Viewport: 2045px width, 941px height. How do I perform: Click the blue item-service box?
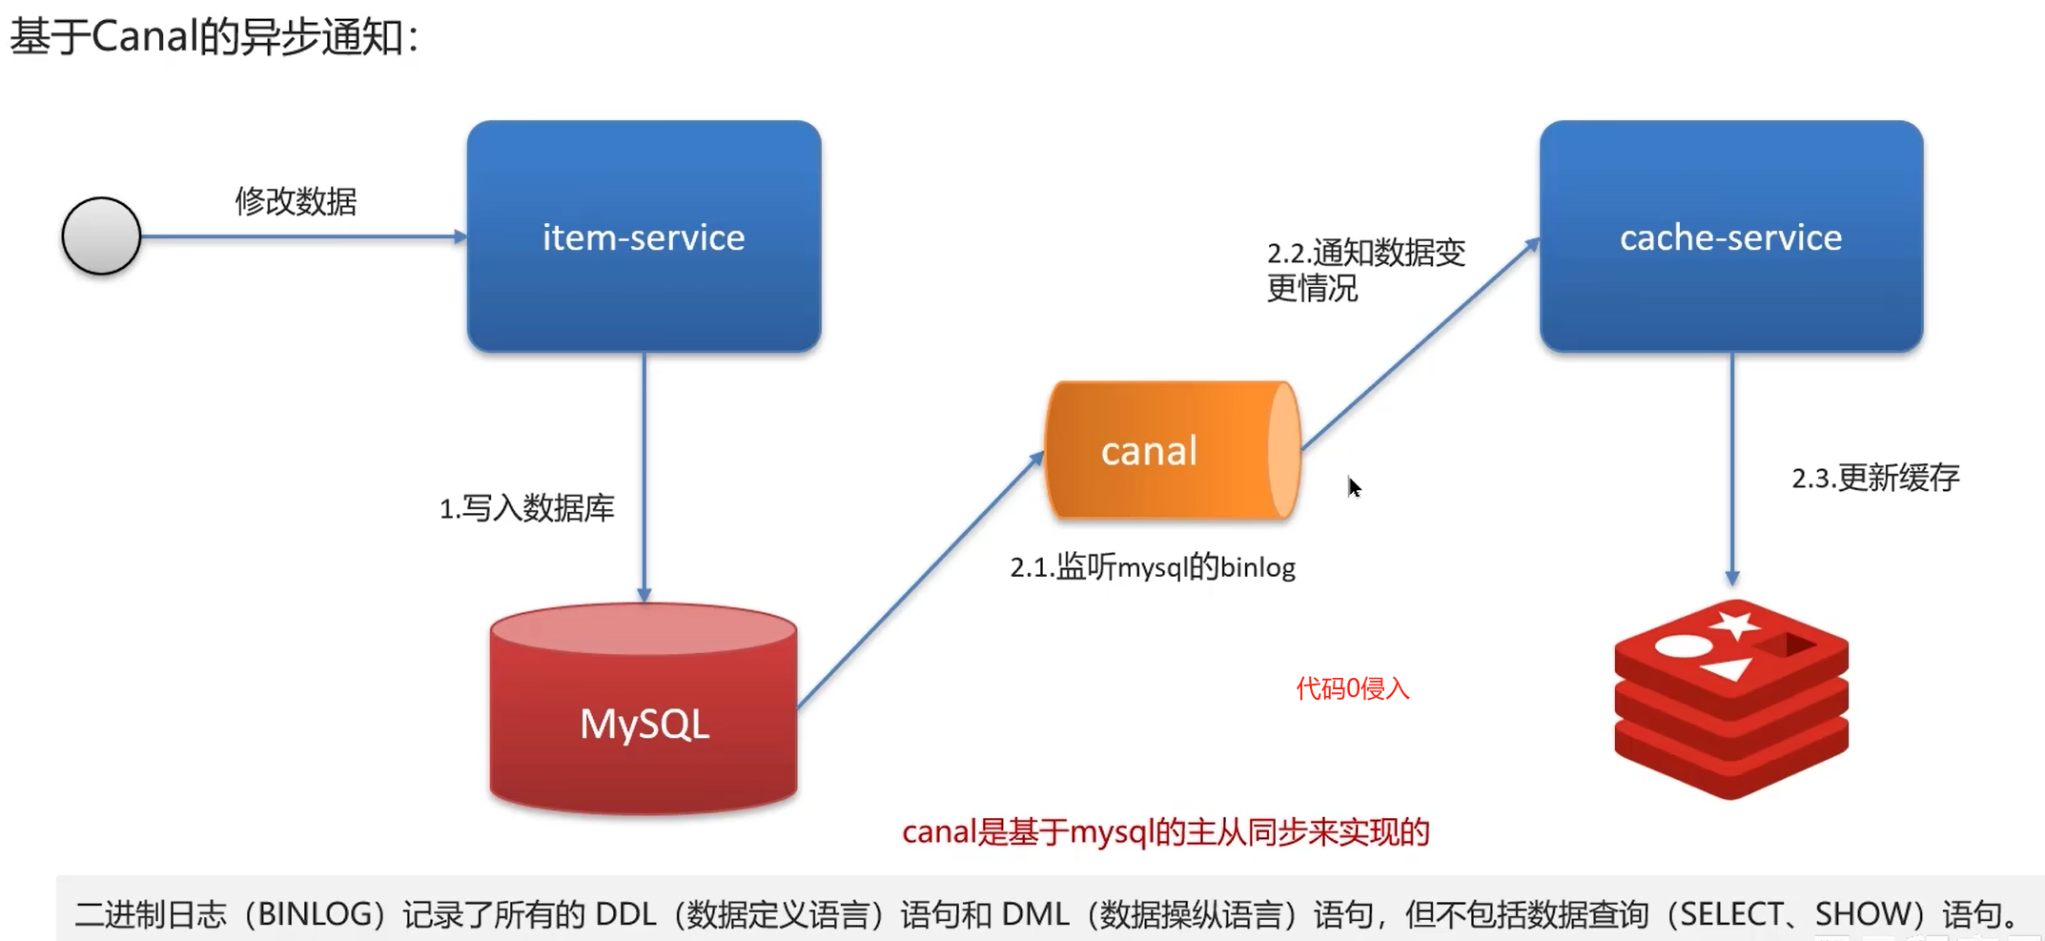(x=644, y=236)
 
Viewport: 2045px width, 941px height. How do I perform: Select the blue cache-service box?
(x=1730, y=236)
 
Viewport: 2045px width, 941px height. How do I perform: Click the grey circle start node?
(x=101, y=236)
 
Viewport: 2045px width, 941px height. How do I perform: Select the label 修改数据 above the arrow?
(x=296, y=201)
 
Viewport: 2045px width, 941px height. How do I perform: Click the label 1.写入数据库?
(x=526, y=508)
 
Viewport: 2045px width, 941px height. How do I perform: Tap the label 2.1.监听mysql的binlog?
(x=1153, y=567)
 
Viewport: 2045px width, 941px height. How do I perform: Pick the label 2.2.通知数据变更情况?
(x=1364, y=270)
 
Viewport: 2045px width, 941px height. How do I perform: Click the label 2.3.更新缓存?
(x=1875, y=478)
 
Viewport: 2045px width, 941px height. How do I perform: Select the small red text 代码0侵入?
(x=1352, y=688)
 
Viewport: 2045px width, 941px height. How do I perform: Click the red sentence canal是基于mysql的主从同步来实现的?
(x=1165, y=832)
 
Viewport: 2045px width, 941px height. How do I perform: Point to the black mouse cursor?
(x=1354, y=487)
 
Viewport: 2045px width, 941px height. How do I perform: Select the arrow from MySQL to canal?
(x=920, y=582)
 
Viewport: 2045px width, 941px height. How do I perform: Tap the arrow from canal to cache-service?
(x=1421, y=344)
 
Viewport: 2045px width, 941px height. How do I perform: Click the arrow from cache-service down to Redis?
(x=1732, y=467)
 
